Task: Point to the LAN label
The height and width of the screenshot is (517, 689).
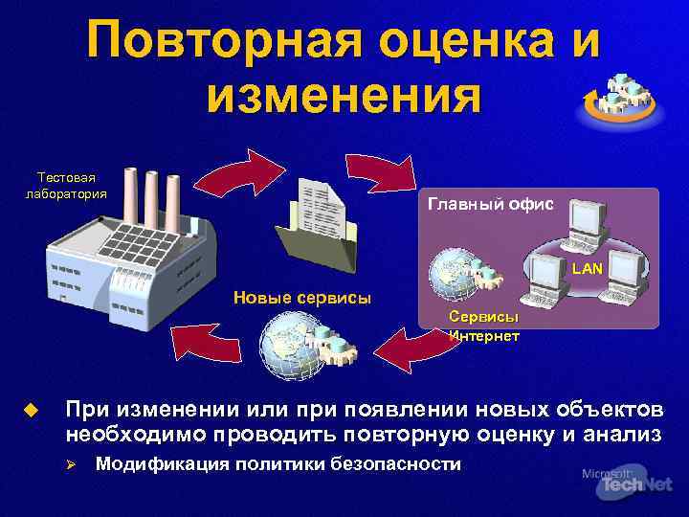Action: click(x=587, y=269)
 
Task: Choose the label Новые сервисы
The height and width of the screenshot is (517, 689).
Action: click(x=302, y=297)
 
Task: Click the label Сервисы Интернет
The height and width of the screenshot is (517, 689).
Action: click(x=484, y=326)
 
